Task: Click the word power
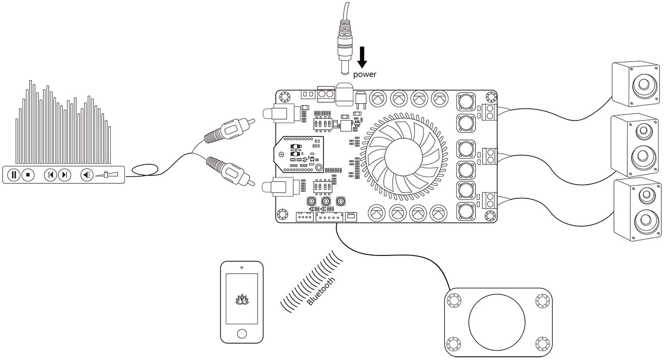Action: point(364,74)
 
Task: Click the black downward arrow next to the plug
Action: point(362,57)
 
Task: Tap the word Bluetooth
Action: point(321,291)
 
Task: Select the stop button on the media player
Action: point(27,175)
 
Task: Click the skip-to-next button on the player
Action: point(65,175)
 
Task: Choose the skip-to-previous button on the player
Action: point(50,175)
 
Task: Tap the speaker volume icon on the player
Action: point(87,175)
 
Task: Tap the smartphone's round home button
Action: point(242,333)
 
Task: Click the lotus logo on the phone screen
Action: point(242,300)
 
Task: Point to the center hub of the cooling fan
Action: point(403,156)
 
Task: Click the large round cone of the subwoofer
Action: point(497,320)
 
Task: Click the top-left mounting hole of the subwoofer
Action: point(454,300)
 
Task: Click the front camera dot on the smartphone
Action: point(242,267)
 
